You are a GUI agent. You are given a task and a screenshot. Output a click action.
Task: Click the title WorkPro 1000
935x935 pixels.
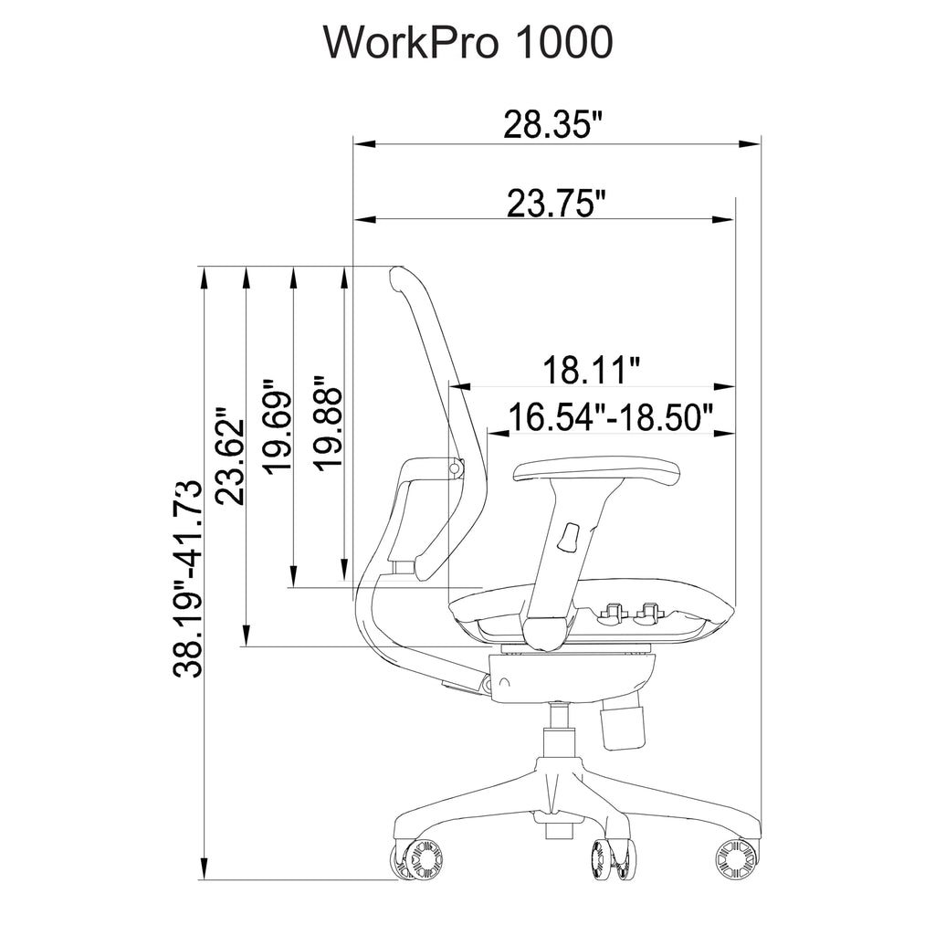[x=467, y=42]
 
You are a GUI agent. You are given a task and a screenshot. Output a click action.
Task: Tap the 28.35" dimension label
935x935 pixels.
[x=553, y=124]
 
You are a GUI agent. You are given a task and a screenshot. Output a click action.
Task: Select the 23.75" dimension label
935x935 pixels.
[x=556, y=203]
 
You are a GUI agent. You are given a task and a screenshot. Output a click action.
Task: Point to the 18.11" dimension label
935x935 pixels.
[x=591, y=370]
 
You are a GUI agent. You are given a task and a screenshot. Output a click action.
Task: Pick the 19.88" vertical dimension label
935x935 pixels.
[x=329, y=424]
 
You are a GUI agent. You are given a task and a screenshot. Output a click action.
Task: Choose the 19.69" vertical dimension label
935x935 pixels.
[x=278, y=425]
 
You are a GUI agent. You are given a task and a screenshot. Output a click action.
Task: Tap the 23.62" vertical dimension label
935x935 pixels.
[x=230, y=457]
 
